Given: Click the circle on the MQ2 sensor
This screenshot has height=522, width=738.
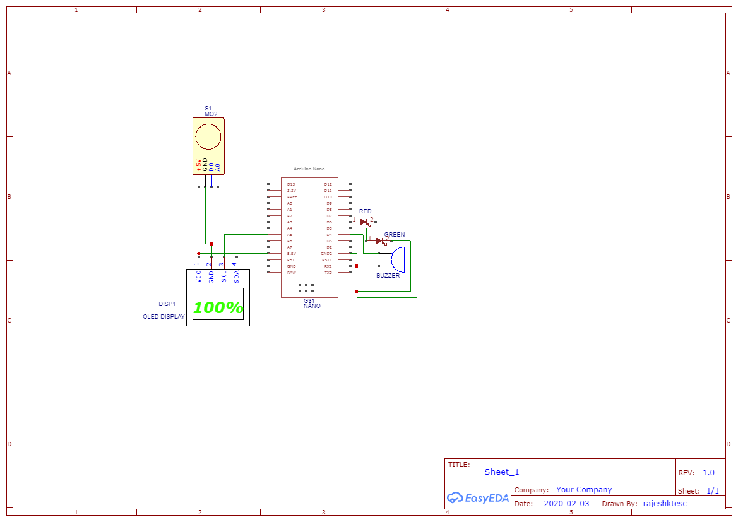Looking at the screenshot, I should [x=208, y=136].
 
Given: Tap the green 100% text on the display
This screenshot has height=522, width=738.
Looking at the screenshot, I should [x=218, y=308].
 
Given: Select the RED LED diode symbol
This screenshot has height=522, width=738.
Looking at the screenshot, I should [x=363, y=222].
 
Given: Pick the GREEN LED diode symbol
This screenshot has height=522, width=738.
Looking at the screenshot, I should [x=379, y=240].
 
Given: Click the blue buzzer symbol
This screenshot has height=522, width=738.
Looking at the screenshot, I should [x=398, y=259].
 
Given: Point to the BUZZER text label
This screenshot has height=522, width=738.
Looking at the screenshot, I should [x=388, y=276].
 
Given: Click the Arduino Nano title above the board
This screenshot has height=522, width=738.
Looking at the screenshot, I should [x=309, y=169].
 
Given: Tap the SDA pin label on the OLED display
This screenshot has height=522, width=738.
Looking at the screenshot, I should [x=237, y=276].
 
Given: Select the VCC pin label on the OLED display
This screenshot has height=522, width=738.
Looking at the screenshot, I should [x=199, y=276].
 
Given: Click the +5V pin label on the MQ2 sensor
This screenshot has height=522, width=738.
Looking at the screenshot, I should [x=199, y=165].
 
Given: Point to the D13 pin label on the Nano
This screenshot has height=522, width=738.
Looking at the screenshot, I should [x=291, y=184].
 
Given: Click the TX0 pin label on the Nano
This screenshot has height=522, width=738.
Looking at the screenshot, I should [x=328, y=273].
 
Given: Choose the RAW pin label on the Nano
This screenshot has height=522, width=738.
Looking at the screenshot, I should [x=291, y=273].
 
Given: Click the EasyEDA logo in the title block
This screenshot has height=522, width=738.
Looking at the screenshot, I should [x=478, y=497].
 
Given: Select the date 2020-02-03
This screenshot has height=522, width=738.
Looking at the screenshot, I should [x=566, y=504].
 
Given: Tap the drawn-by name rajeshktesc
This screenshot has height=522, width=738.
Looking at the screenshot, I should [x=664, y=504].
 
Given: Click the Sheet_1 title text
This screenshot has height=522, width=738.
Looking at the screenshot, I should [x=502, y=472].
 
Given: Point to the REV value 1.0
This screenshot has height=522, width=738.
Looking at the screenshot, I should [x=708, y=473].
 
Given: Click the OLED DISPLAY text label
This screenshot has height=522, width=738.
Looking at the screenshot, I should [x=164, y=317].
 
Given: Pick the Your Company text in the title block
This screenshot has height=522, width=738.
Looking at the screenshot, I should [x=584, y=490].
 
